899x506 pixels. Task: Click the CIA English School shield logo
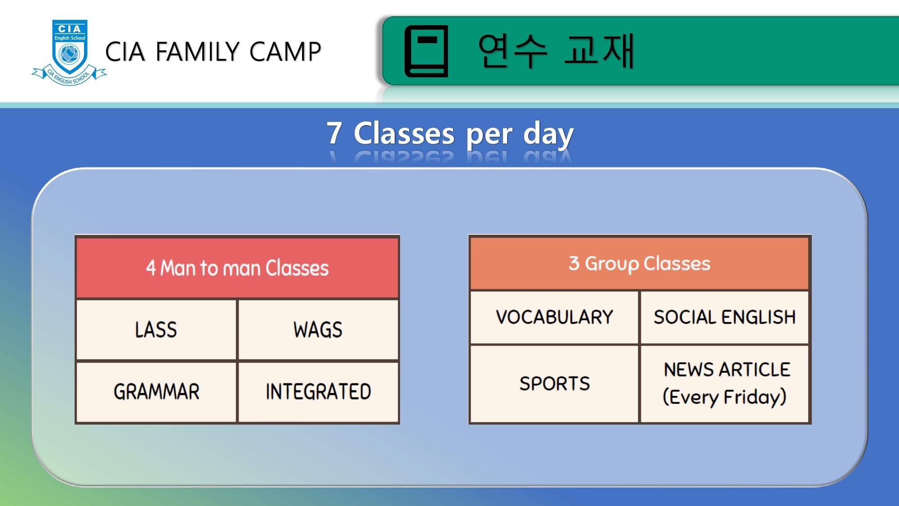[x=69, y=52]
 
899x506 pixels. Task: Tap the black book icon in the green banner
[x=427, y=51]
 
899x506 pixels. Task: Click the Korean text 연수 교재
[x=556, y=51]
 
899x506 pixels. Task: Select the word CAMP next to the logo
[x=285, y=51]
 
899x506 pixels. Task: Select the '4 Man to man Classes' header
[x=237, y=268]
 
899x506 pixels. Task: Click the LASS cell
[x=156, y=330]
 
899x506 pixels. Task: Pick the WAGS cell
[x=318, y=330]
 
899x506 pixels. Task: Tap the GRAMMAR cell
[x=156, y=392]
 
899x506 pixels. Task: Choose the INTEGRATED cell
[x=318, y=392]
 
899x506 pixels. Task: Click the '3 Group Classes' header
[x=640, y=264]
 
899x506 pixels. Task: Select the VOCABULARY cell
[x=554, y=317]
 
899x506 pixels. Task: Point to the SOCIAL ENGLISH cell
[x=725, y=317]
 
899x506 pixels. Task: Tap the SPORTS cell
[x=554, y=384]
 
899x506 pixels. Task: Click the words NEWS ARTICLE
[x=727, y=370]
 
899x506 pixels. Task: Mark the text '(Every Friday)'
[x=725, y=397]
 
